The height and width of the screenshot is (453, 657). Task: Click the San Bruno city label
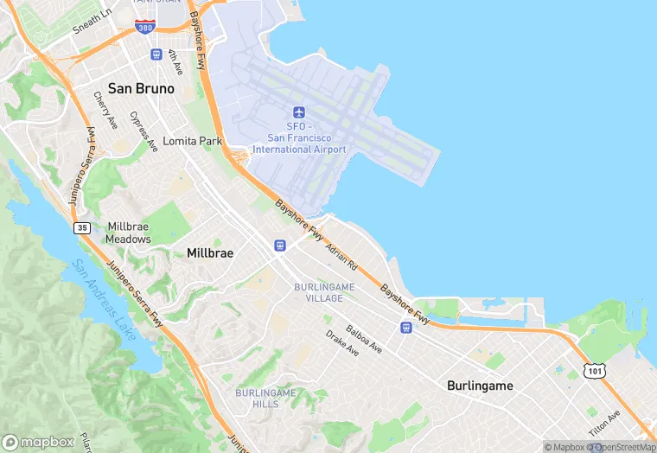pyautogui.click(x=141, y=88)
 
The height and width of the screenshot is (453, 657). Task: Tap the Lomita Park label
pyautogui.click(x=193, y=141)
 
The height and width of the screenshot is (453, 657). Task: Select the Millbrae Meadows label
pyautogui.click(x=129, y=233)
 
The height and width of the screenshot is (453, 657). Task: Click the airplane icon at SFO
pyautogui.click(x=299, y=112)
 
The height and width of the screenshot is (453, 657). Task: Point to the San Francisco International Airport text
pyautogui.click(x=299, y=144)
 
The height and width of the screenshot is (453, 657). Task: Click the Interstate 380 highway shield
pyautogui.click(x=145, y=26)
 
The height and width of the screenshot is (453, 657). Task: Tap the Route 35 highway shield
pyautogui.click(x=82, y=227)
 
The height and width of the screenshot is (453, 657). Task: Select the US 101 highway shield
pyautogui.click(x=594, y=370)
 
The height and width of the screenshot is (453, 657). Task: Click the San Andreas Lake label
pyautogui.click(x=103, y=299)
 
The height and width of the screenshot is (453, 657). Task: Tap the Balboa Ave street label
pyautogui.click(x=364, y=339)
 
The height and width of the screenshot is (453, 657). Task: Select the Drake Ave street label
pyautogui.click(x=341, y=343)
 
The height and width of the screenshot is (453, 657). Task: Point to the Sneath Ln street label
pyautogui.click(x=92, y=22)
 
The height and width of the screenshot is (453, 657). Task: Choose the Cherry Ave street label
pyautogui.click(x=105, y=111)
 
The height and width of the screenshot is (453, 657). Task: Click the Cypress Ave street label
pyautogui.click(x=144, y=131)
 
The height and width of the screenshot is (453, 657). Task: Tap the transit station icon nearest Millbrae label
pyautogui.click(x=279, y=246)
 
